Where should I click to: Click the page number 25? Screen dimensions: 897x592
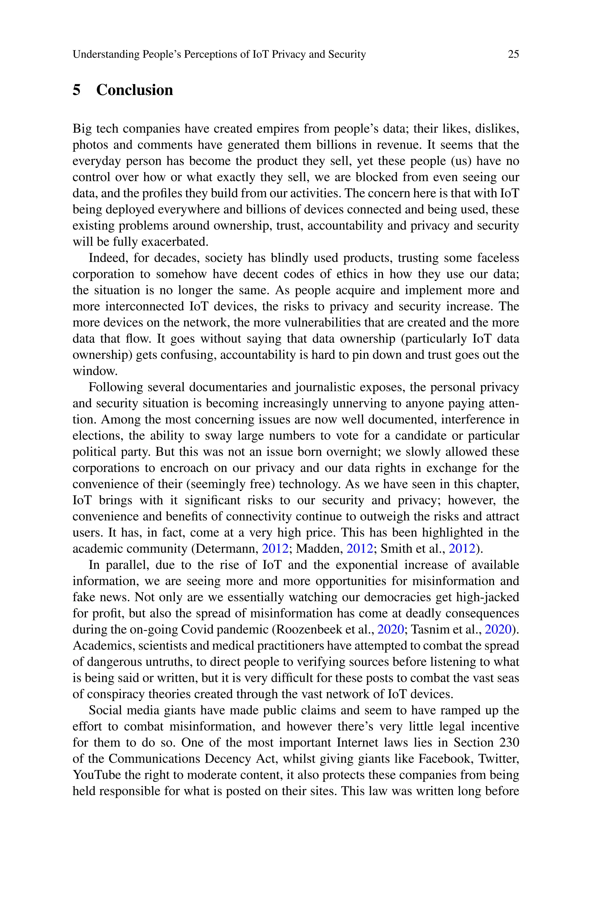coord(513,54)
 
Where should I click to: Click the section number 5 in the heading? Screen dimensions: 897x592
coord(76,90)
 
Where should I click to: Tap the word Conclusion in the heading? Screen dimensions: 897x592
coord(134,90)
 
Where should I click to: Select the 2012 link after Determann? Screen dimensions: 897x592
coord(275,549)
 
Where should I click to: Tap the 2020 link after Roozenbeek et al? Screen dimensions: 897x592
coord(391,629)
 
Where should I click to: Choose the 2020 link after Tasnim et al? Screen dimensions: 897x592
coord(497,629)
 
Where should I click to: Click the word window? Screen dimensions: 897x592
coord(95,371)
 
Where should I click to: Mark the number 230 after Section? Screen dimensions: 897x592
coord(509,742)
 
